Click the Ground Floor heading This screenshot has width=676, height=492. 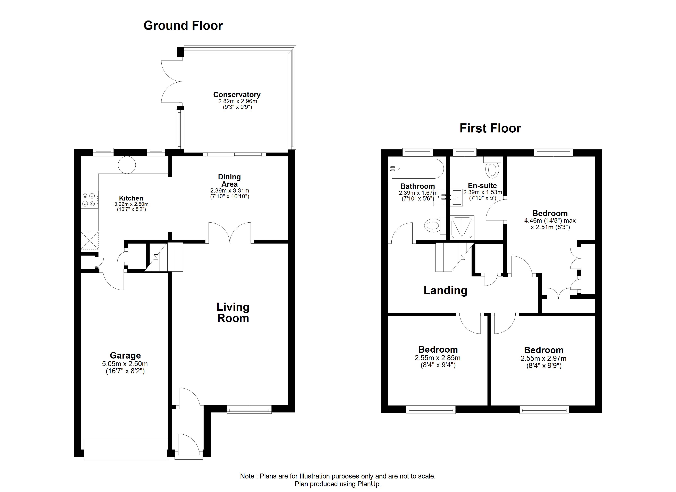click(183, 26)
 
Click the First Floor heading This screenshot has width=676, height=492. click(490, 128)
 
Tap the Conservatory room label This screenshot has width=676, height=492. click(237, 95)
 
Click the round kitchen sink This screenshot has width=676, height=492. click(127, 165)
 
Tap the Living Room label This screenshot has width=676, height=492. click(233, 312)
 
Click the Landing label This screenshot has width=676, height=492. click(445, 290)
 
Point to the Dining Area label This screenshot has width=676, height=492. click(229, 181)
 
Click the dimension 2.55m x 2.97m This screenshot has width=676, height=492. click(544, 359)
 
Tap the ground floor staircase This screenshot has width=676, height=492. click(164, 257)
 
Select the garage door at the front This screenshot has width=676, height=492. click(126, 449)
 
